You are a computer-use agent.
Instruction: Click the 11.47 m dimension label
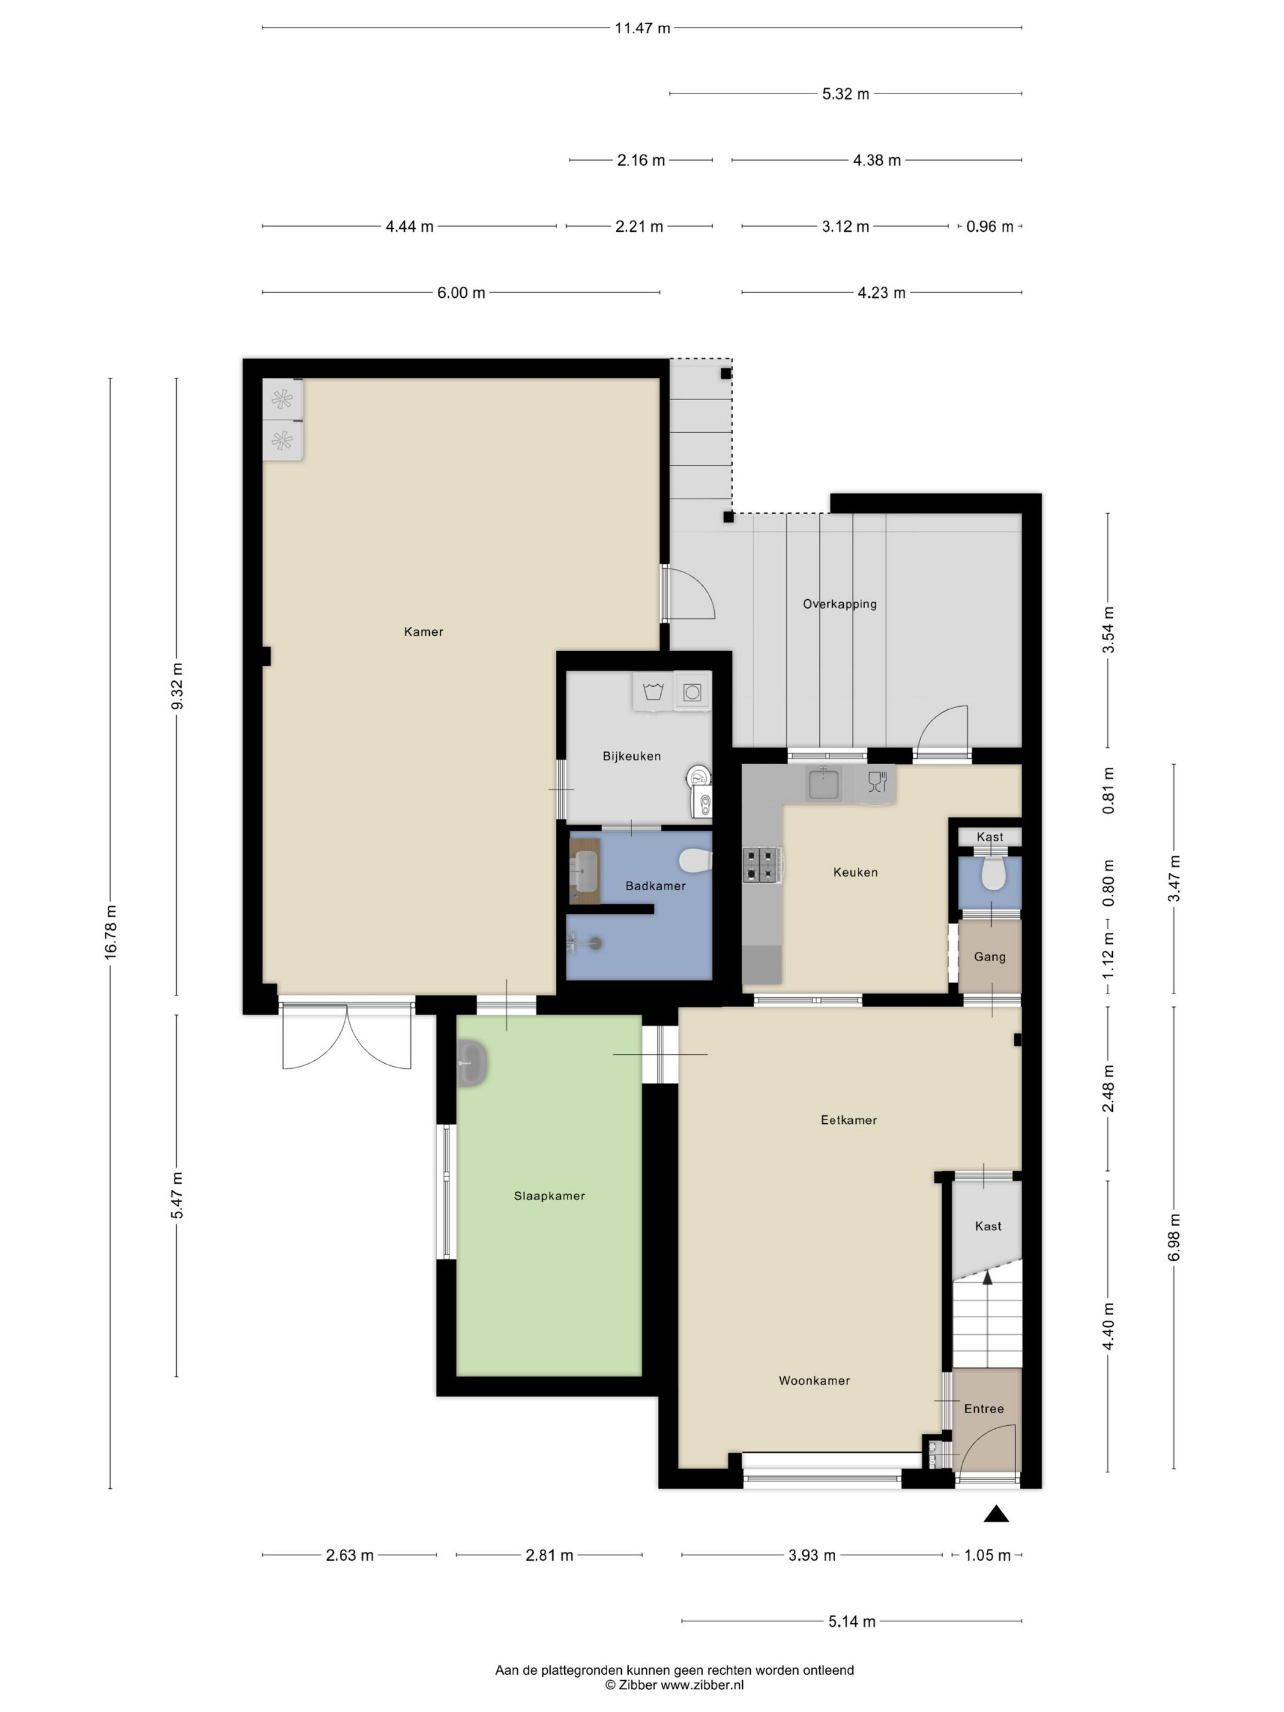641,29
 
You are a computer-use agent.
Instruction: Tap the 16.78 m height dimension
111,932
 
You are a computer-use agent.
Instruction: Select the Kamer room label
423,632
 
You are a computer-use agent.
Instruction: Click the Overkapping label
839,603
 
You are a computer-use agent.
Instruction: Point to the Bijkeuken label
632,756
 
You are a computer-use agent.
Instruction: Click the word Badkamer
655,885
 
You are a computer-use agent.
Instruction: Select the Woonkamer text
814,1381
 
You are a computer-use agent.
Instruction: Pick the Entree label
984,1409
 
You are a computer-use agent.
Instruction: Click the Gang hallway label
990,957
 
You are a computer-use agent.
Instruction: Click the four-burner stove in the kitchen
762,865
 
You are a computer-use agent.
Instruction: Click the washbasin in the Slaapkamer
471,1063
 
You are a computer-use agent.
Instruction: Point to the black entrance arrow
996,1514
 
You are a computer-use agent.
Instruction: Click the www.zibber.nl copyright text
701,1685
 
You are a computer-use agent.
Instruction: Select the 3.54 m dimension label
1109,629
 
